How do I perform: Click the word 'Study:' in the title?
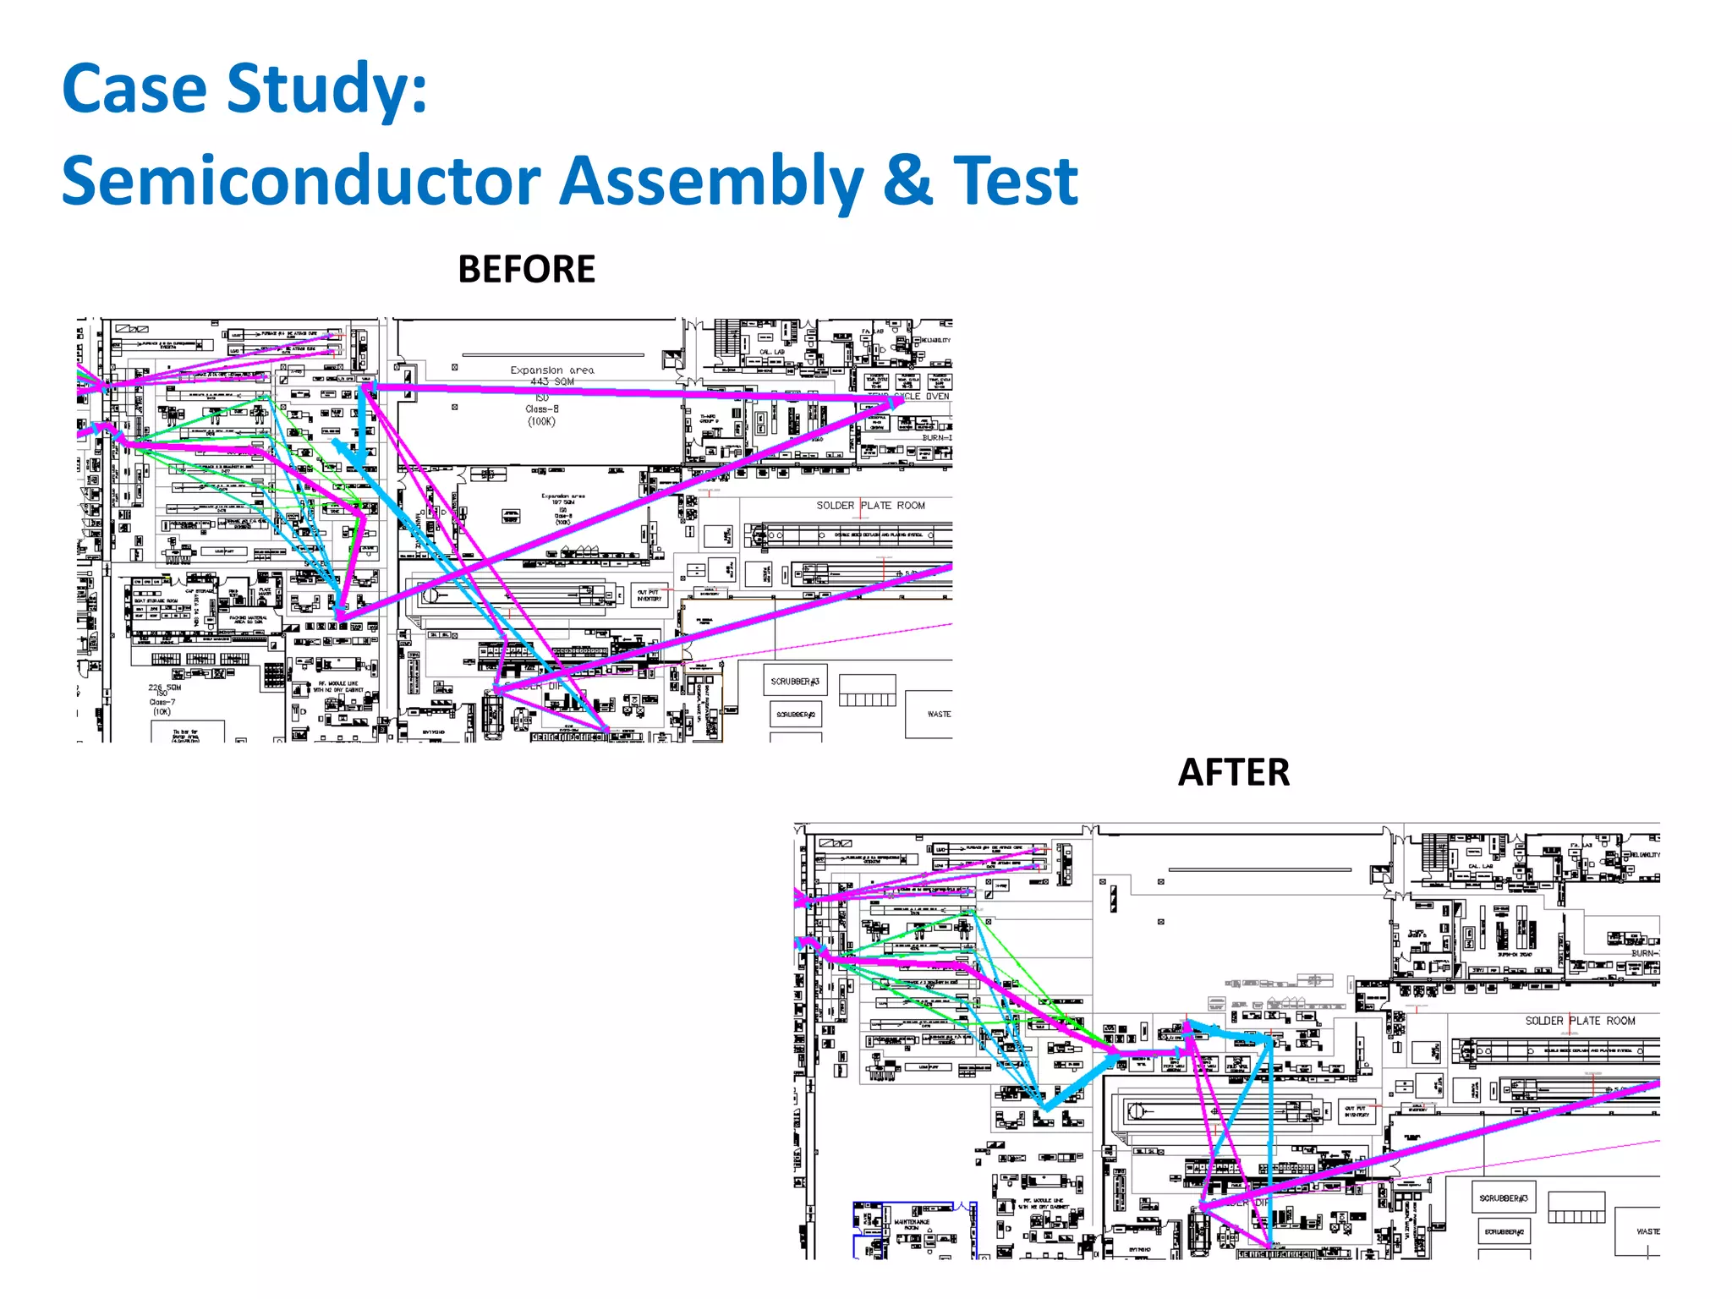coord(326,89)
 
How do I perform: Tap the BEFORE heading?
coord(526,270)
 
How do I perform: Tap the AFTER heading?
coord(1233,773)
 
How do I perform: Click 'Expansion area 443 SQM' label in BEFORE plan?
coord(552,375)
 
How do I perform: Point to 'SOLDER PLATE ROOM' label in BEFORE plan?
coord(870,506)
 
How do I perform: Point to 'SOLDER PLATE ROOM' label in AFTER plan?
coord(1580,1021)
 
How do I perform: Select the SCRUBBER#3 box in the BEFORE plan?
coord(795,681)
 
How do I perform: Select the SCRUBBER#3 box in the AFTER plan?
coord(1503,1198)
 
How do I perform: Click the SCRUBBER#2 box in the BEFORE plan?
coord(795,715)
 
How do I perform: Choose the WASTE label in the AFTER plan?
coord(1647,1231)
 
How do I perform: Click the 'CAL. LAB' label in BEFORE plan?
coord(771,352)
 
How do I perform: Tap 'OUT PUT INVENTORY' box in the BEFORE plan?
coord(649,595)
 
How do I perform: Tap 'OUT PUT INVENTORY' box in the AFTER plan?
coord(1357,1111)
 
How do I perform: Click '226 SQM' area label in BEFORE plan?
coord(164,688)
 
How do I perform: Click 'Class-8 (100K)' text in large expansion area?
coord(542,415)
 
